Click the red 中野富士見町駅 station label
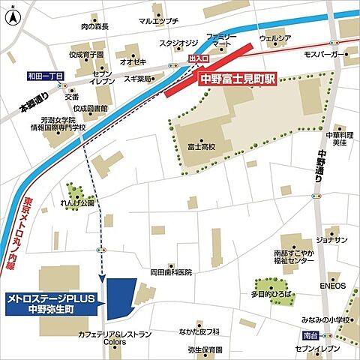point(239,77)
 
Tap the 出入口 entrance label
point(199,57)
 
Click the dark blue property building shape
point(121,298)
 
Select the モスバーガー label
point(325,55)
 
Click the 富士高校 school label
point(201,148)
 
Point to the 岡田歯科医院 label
point(171,271)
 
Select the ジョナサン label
point(331,240)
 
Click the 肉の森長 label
point(94,27)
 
